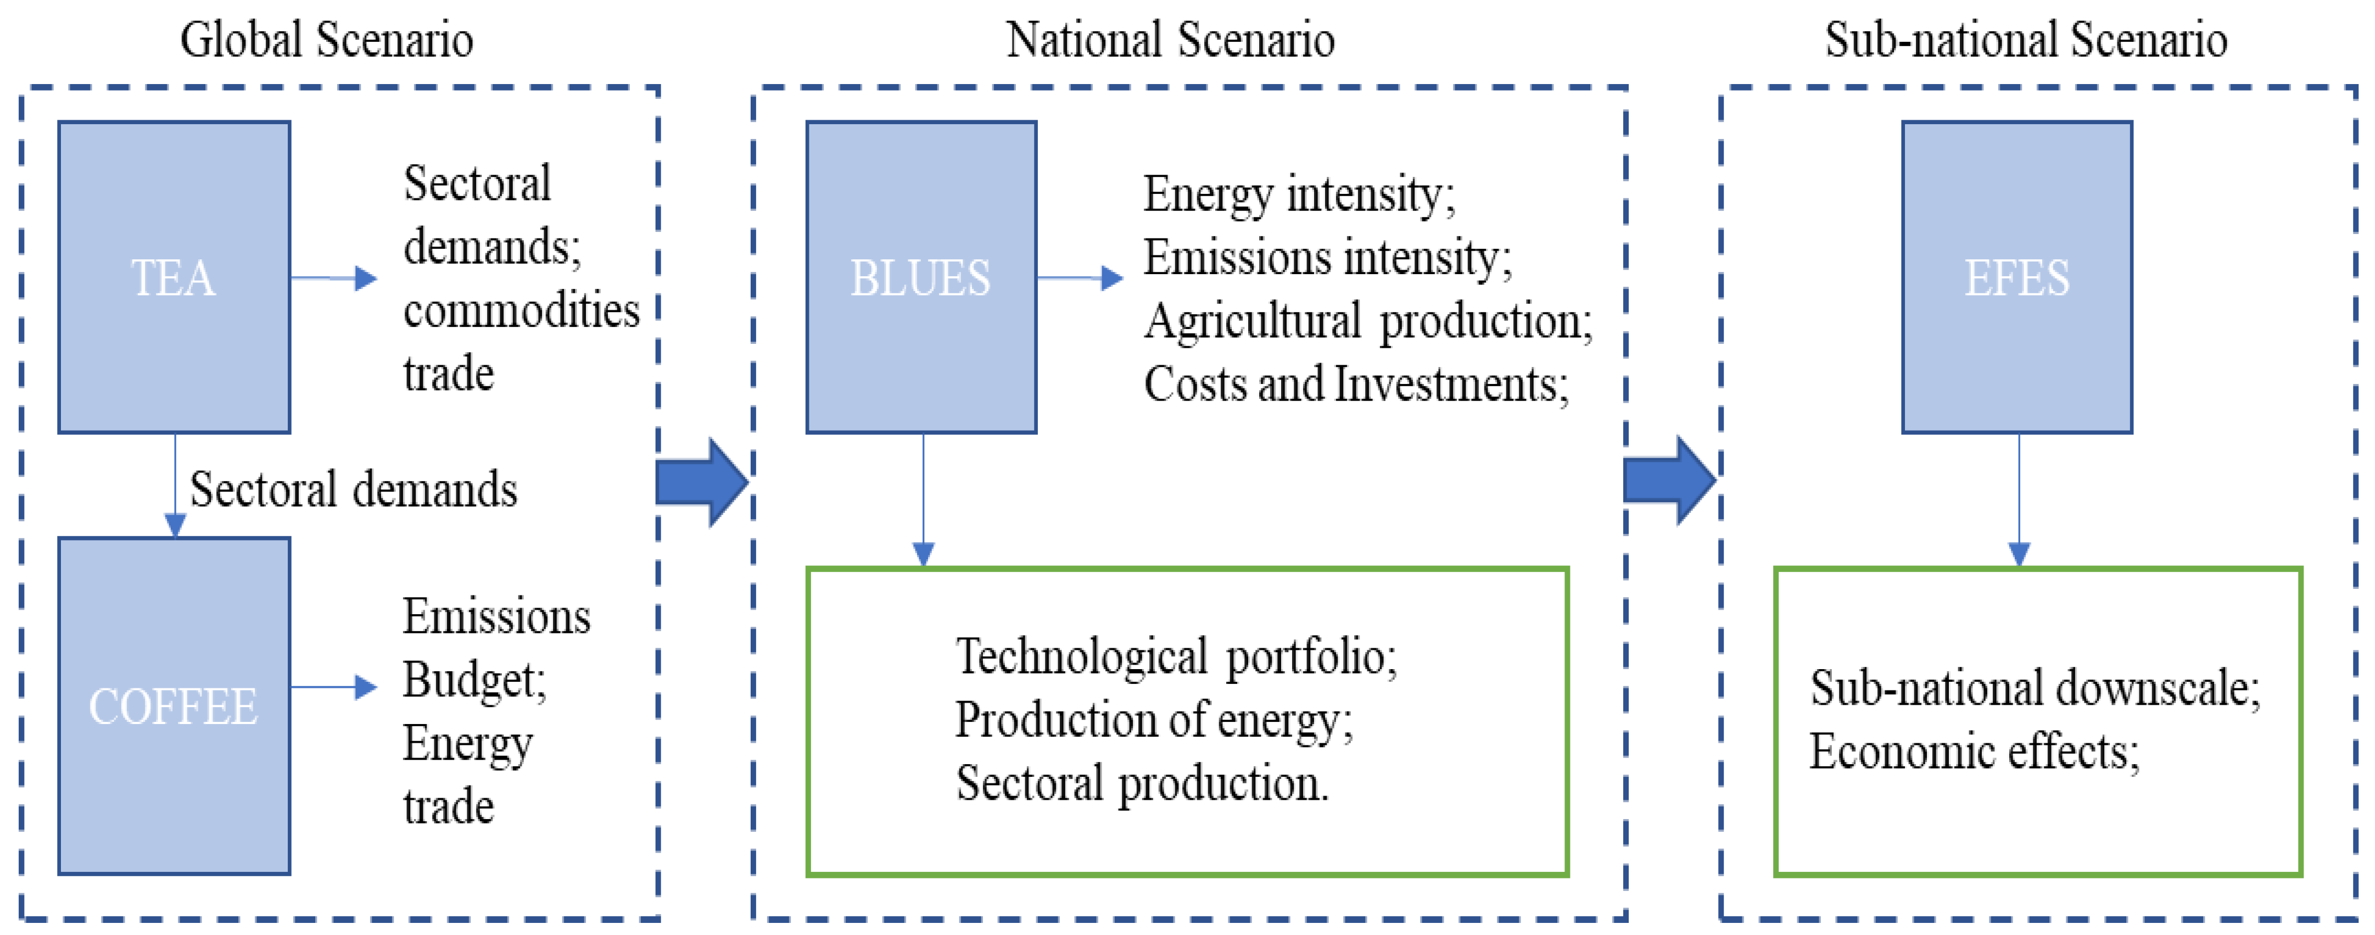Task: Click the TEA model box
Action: coord(174,277)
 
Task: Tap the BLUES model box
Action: coord(921,277)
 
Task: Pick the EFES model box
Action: coord(2016,277)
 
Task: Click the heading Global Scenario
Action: coord(326,41)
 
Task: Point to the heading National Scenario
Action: coord(1170,41)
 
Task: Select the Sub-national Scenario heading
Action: coord(2026,41)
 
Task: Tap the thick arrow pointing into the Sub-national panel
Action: coord(1669,480)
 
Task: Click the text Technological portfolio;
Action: coord(1176,656)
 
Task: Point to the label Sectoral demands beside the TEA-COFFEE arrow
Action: coord(353,489)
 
